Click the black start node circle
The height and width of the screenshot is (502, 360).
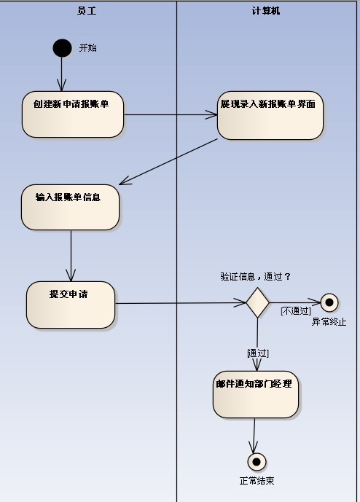pos(62,48)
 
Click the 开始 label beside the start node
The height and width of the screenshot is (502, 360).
pos(87,48)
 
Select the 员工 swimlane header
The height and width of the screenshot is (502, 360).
pos(87,11)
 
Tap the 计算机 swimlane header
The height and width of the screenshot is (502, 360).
pos(266,11)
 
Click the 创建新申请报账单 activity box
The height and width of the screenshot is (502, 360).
pos(73,114)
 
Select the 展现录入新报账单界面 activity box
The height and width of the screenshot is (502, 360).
pos(270,115)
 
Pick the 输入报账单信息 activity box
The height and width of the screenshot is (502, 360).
pos(71,207)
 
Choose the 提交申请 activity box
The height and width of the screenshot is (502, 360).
pos(71,305)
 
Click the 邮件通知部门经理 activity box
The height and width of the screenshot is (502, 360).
pos(256,394)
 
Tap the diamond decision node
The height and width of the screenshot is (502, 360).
pos(257,302)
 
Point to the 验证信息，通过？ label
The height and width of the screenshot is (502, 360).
pos(256,277)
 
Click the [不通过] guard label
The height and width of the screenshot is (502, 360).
pos(296,311)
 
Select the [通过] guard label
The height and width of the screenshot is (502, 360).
pos(258,353)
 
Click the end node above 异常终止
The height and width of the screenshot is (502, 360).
pos(329,302)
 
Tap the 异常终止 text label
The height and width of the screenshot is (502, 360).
pos(329,322)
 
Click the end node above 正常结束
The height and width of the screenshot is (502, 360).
pos(257,462)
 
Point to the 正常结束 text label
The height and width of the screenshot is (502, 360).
pos(257,481)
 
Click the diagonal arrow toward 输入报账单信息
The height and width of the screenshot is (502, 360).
pos(168,162)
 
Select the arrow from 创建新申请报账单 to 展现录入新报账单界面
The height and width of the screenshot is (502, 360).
pos(171,114)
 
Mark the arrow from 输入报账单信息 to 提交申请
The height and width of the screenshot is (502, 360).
pos(71,256)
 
